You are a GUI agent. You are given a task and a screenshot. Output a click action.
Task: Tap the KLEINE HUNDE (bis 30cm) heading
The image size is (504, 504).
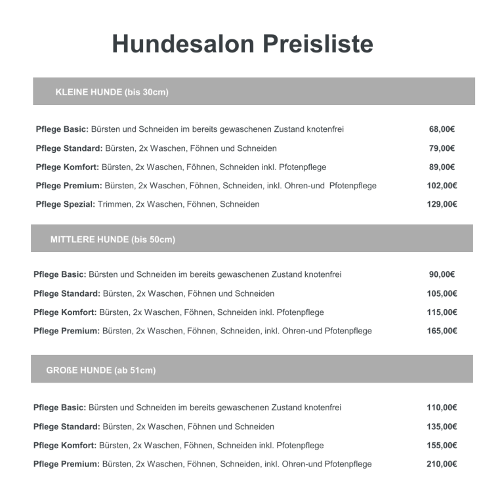pos(112,92)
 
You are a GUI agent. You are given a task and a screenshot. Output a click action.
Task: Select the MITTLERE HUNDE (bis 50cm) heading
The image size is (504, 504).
pos(112,240)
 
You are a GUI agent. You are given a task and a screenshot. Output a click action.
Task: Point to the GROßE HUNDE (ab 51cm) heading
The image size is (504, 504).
pos(100,371)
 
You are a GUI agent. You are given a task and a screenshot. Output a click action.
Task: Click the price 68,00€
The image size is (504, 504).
pos(442,129)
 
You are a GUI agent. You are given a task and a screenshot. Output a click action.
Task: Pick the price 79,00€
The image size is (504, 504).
pos(442,148)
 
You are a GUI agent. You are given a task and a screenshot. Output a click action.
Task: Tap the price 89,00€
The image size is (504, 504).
pos(442,167)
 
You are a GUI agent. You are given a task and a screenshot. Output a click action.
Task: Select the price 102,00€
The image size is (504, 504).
pos(442,186)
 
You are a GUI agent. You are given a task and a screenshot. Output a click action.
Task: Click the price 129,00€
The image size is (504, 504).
pos(442,204)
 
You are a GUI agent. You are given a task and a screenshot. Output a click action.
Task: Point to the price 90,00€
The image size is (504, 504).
pos(442,274)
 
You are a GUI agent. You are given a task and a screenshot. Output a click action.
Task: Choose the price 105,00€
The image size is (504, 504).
pos(442,293)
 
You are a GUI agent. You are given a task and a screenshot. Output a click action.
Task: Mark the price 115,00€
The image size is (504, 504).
pos(442,312)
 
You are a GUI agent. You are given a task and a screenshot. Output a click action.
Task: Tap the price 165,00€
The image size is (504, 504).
pos(442,331)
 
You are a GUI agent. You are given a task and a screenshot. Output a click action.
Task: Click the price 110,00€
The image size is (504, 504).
pos(442,408)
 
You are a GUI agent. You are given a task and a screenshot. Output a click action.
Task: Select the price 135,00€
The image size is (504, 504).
pos(442,427)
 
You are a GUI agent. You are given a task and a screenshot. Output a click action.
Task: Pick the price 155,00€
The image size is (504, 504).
pos(442,446)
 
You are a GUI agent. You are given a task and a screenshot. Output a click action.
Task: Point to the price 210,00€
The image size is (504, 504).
pos(442,464)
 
